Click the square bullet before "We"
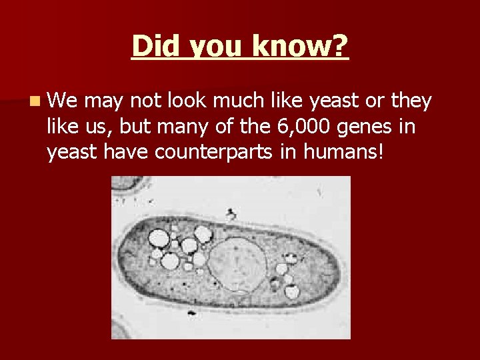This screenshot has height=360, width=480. click(34, 101)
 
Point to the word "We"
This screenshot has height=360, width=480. click(62, 101)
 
